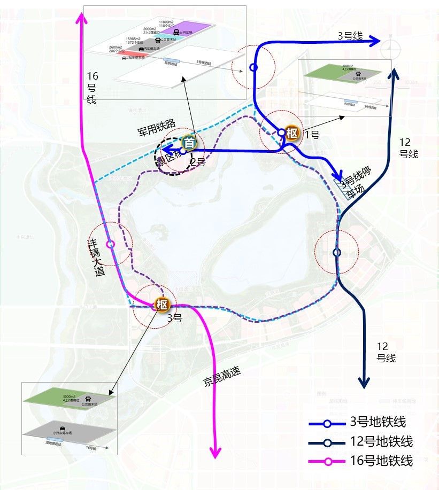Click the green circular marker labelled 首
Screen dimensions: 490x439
[189, 143]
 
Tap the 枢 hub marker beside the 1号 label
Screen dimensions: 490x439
[291, 134]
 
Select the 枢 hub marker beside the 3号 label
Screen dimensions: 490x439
[161, 305]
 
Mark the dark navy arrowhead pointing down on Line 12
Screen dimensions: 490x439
[364, 383]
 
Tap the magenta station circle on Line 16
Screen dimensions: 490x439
[111, 244]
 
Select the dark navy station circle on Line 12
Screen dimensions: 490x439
[337, 252]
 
